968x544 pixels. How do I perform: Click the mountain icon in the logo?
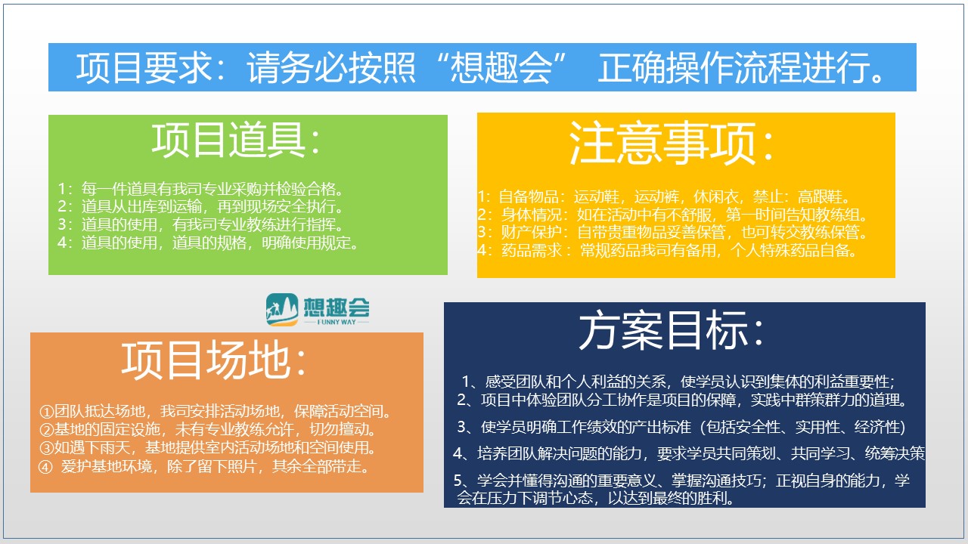282,309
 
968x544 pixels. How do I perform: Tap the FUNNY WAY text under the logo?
337,322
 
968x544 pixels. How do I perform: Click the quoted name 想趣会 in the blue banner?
501,67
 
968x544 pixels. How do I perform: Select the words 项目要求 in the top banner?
144,67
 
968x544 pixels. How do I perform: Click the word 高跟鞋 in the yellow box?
820,197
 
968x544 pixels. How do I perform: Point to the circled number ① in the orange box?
46,412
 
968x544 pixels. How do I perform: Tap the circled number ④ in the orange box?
46,467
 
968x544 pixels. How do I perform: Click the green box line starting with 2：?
200,206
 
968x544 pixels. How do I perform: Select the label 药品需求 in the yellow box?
532,250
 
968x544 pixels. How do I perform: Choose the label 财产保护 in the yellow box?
532,232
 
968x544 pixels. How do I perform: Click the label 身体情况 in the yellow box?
532,214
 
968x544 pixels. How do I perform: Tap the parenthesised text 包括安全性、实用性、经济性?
802,427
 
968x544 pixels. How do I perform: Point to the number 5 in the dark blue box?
458,481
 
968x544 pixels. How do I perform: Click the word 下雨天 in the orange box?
107,448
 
